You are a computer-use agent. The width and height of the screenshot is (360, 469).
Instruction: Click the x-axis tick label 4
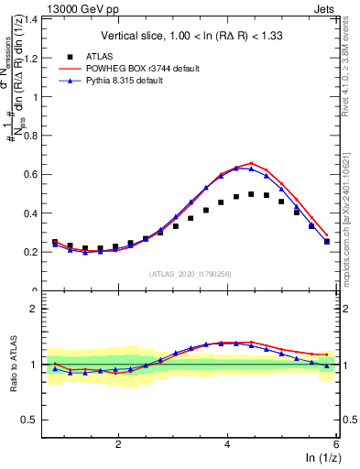coord(226,443)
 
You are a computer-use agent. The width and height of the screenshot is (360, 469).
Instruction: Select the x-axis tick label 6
coord(335,443)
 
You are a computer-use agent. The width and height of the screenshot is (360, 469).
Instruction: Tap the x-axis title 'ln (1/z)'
coord(317,458)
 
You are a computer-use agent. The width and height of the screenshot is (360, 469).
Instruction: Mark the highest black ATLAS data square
coord(251,194)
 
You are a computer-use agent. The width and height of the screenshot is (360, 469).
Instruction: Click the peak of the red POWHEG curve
coord(251,163)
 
